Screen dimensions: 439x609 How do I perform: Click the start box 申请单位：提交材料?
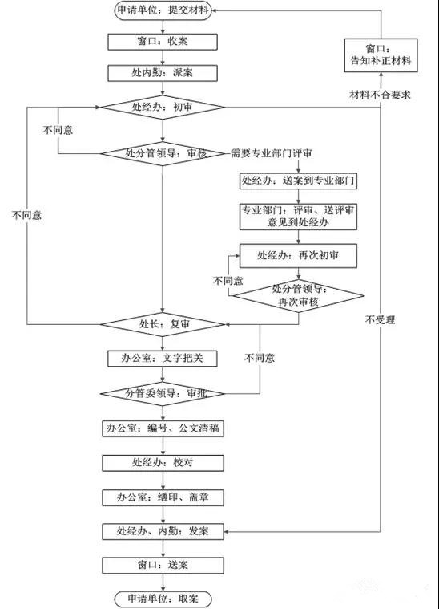163,10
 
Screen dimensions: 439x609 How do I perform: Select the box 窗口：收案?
163,42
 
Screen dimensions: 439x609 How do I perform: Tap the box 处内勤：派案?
163,73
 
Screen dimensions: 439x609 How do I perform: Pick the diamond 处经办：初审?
163,108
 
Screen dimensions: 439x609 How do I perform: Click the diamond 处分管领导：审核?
163,154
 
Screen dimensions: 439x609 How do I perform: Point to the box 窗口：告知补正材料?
381,55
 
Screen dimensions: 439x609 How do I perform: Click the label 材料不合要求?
380,95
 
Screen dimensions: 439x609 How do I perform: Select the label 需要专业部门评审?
272,153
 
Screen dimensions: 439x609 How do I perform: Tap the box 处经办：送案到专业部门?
298,181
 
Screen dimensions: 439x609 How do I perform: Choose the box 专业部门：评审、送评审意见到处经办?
298,217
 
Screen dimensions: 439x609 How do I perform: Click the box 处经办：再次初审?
298,256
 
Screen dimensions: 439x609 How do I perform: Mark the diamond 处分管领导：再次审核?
298,296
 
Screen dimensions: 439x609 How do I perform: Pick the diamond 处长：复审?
163,324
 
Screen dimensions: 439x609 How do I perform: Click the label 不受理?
380,320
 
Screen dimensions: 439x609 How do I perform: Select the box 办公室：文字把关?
163,359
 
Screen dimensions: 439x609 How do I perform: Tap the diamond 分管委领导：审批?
163,394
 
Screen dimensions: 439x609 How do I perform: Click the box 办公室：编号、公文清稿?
163,428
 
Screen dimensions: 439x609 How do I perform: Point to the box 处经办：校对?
163,463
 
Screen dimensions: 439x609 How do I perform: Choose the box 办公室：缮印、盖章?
163,497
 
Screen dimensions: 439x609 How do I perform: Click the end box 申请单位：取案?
163,599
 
